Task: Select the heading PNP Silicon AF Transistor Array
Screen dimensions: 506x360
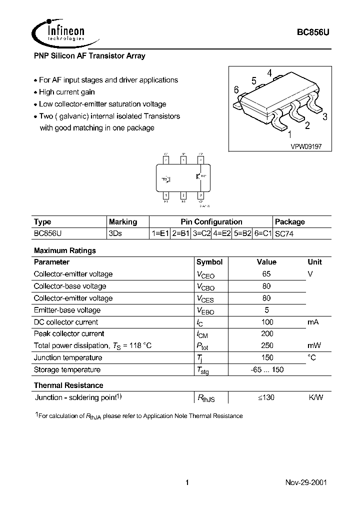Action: tap(89, 56)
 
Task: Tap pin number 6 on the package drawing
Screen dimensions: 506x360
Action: tap(236, 90)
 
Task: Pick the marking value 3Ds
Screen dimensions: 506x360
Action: tap(115, 233)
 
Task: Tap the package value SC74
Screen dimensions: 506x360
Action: tap(284, 233)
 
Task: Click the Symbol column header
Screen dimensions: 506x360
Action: tap(209, 262)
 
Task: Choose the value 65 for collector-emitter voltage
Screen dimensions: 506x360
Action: tap(266, 274)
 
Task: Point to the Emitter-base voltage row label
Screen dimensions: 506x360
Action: tap(67, 310)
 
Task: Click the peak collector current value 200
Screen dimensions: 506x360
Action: tap(267, 333)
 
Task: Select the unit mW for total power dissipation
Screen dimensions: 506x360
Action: tap(314, 345)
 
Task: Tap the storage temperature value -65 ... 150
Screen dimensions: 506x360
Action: tap(267, 369)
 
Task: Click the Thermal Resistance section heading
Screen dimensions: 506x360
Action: tap(68, 385)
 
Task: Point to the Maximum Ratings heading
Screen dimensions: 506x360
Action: tap(64, 250)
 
